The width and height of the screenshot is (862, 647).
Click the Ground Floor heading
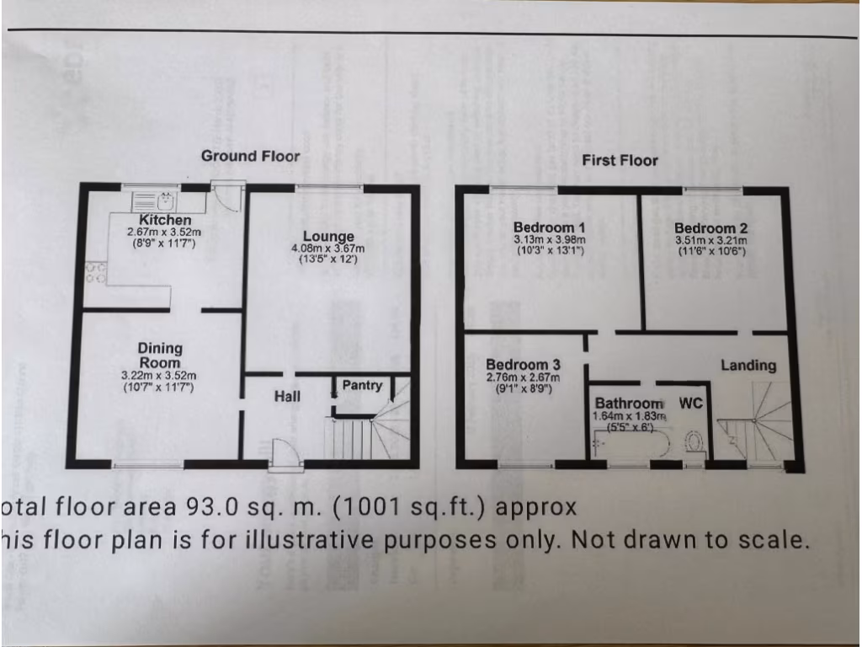(x=250, y=156)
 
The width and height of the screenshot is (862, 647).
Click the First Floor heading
(x=620, y=160)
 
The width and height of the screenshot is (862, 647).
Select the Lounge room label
(x=327, y=236)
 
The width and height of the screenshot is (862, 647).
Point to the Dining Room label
(x=160, y=356)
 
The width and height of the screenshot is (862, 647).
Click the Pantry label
(x=362, y=386)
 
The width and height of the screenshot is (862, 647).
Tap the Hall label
(x=288, y=395)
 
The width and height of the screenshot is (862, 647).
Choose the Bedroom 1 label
(x=550, y=227)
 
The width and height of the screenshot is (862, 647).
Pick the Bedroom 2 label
(x=710, y=227)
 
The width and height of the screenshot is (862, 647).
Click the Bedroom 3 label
(x=523, y=365)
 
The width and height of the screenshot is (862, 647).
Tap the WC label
(x=690, y=403)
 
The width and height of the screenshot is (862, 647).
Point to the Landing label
(x=748, y=365)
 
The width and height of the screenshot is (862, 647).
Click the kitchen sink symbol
(x=155, y=201)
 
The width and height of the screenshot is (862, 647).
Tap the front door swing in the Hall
(x=286, y=452)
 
